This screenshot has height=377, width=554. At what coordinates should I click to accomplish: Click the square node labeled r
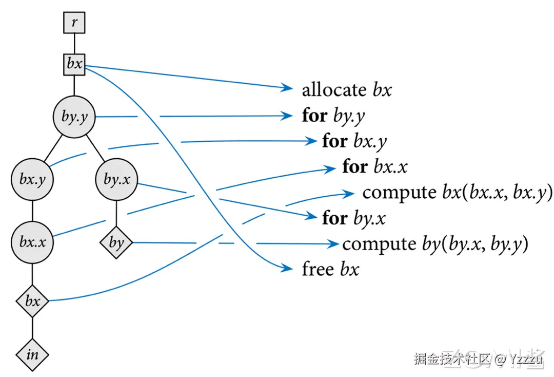[74, 23]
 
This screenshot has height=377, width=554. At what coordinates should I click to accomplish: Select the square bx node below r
[74, 65]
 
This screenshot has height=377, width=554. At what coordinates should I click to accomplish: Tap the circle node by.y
[74, 117]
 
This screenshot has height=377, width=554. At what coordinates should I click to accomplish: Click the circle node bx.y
[32, 180]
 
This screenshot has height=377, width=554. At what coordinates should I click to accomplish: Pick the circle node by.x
[116, 180]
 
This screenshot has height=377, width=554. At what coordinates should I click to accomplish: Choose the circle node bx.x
[32, 242]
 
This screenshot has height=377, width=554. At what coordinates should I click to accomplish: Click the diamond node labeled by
[116, 242]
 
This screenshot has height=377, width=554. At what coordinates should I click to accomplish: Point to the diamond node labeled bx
[32, 300]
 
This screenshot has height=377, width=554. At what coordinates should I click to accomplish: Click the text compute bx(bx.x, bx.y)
[457, 193]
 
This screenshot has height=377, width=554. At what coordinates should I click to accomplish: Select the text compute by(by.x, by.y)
[435, 243]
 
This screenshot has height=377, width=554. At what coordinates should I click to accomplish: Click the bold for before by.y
[314, 116]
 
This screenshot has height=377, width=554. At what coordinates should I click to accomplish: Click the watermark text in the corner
[478, 359]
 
